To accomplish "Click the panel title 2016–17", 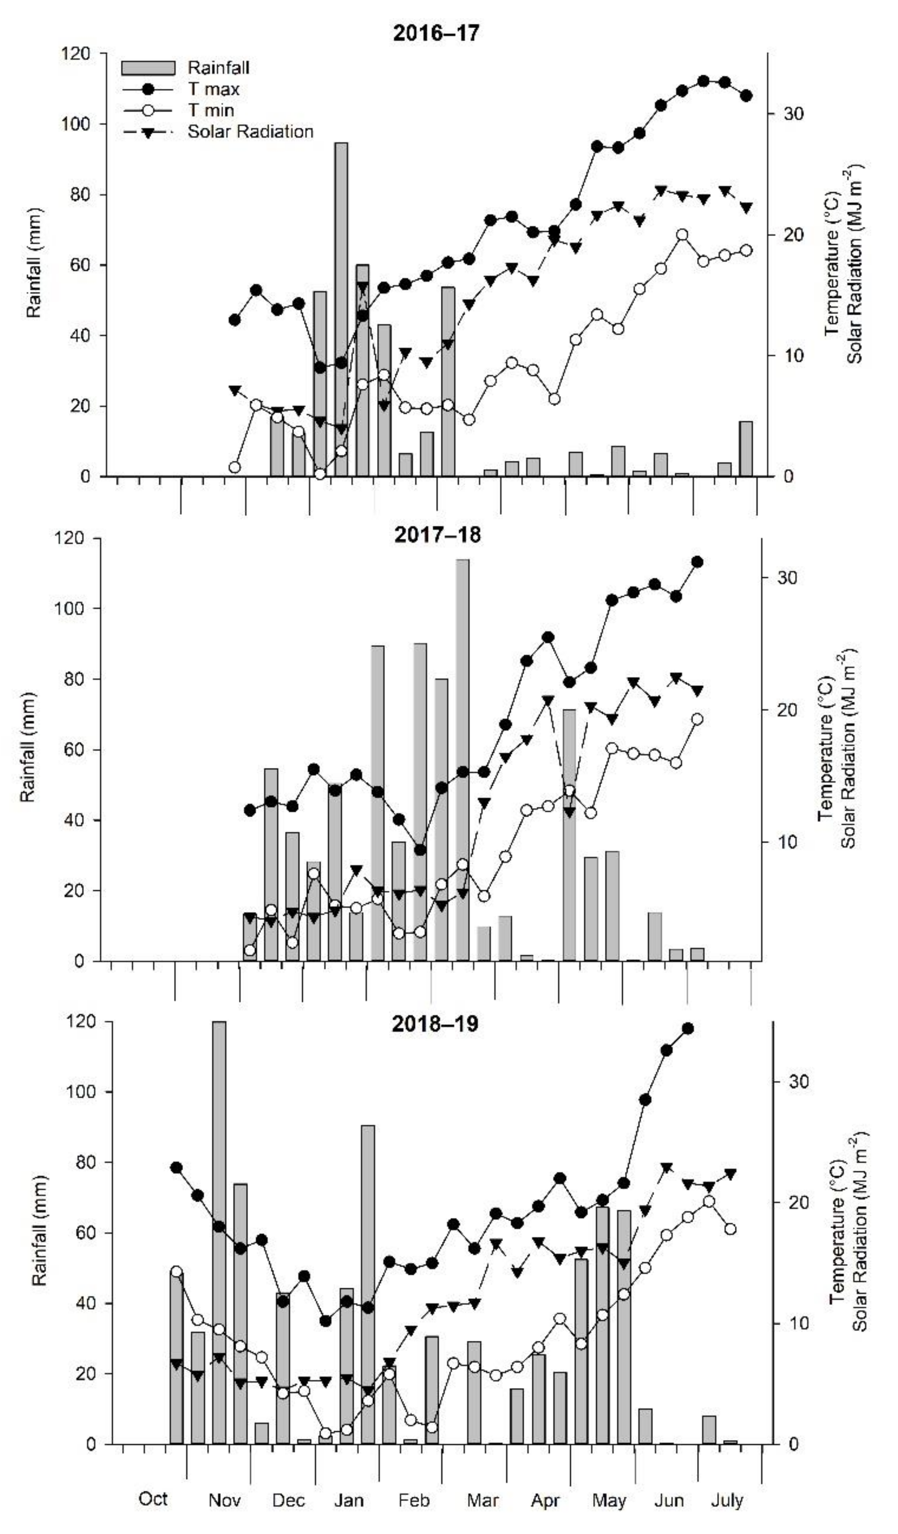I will tap(436, 33).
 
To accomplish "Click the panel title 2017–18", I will tap(437, 534).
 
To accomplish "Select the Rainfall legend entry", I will tap(218, 68).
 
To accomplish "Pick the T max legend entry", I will tap(213, 89).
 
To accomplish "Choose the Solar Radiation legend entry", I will tap(250, 132).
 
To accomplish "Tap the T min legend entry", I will tap(210, 110).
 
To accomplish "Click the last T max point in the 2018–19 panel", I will tap(688, 1029).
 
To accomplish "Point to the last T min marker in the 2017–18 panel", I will tap(697, 719).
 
